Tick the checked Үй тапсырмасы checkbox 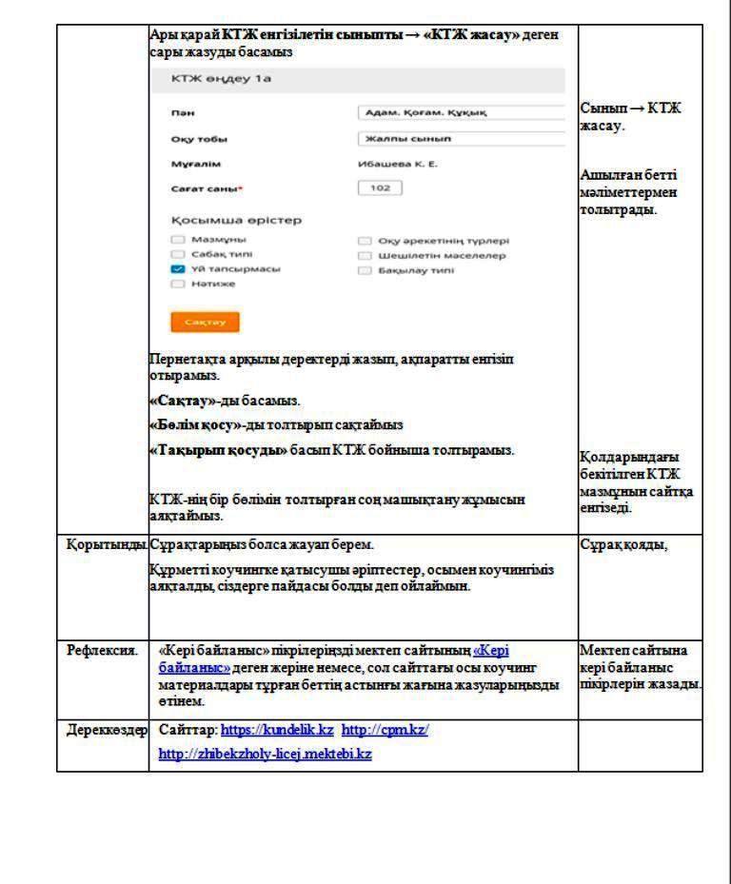click(177, 269)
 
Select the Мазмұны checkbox click(177, 241)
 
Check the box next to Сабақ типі click(177, 255)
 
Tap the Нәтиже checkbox click(177, 284)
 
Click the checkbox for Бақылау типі click(365, 270)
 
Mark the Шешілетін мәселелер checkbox click(365, 255)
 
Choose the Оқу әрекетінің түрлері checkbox click(365, 241)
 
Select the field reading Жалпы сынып click(462, 139)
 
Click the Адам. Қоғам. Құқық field click(462, 113)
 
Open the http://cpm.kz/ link click(385, 729)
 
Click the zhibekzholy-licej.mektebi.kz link click(265, 753)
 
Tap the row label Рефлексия click(95, 651)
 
